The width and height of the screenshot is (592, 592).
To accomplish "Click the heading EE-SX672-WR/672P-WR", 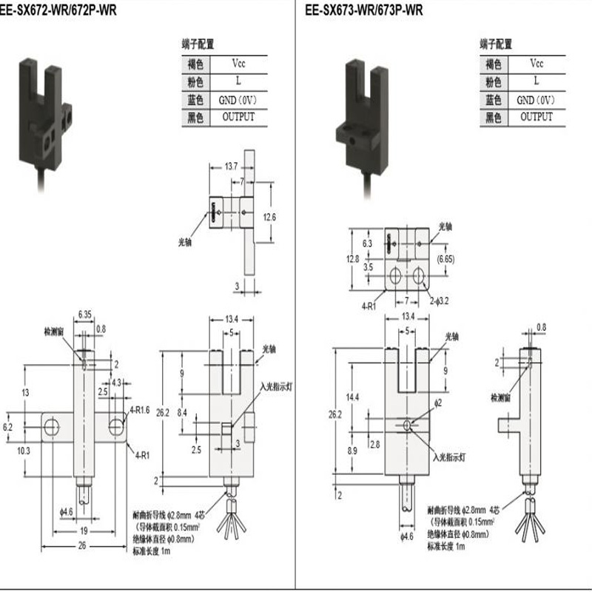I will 54,11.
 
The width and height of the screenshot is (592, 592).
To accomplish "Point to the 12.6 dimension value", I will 269,217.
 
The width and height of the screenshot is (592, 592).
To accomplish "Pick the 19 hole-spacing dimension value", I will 84,531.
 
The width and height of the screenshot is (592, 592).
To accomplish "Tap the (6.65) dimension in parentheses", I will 448,259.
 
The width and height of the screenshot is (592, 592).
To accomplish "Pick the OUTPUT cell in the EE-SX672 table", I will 238,117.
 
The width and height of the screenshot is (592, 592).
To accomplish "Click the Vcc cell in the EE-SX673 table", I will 536,64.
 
